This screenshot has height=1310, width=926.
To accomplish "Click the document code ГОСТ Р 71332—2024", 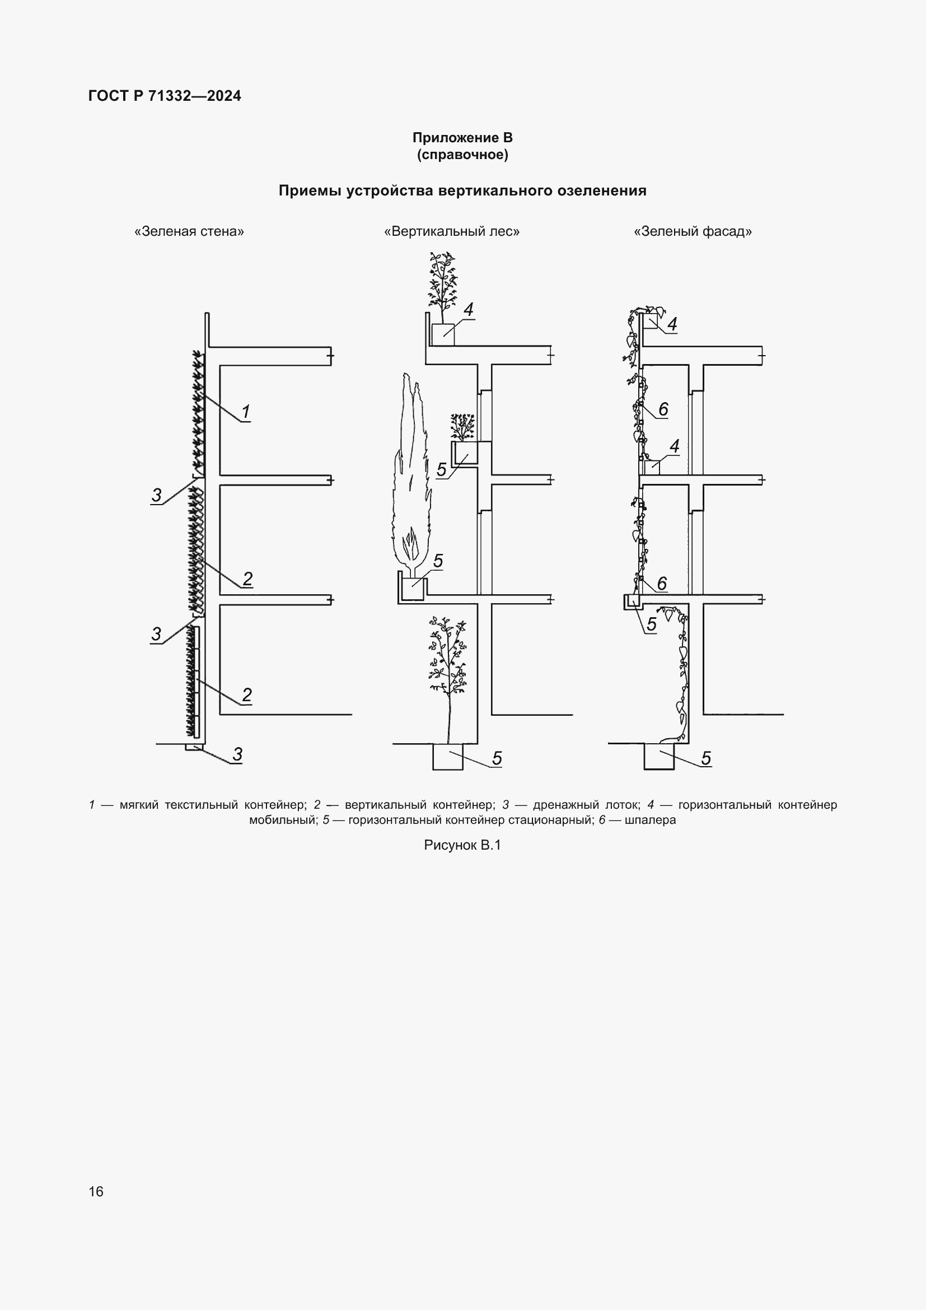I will coord(164,96).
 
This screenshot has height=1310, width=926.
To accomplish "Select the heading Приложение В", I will coord(462,138).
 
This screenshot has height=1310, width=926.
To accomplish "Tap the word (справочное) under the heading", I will coord(462,155).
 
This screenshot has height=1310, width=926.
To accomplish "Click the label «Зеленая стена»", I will coord(189,231).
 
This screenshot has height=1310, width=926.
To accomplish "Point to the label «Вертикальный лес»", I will coord(452,231).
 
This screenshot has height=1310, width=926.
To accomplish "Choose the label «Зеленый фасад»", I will coord(693,231).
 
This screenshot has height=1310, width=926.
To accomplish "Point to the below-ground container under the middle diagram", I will coord(448,757).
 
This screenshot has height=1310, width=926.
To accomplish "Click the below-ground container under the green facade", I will coord(658,757).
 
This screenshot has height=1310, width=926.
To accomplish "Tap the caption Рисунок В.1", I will coord(462,845).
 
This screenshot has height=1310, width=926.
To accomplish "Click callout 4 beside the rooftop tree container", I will coord(469,310).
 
